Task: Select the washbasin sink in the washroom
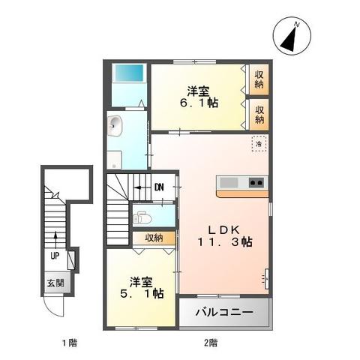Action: pos(115,127)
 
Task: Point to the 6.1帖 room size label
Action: pos(202,103)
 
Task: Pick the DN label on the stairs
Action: pos(159,187)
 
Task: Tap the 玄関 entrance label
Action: pos(56,283)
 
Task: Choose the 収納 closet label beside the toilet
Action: pos(154,238)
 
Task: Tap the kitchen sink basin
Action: pos(229,182)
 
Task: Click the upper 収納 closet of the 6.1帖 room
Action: pos(259,79)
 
